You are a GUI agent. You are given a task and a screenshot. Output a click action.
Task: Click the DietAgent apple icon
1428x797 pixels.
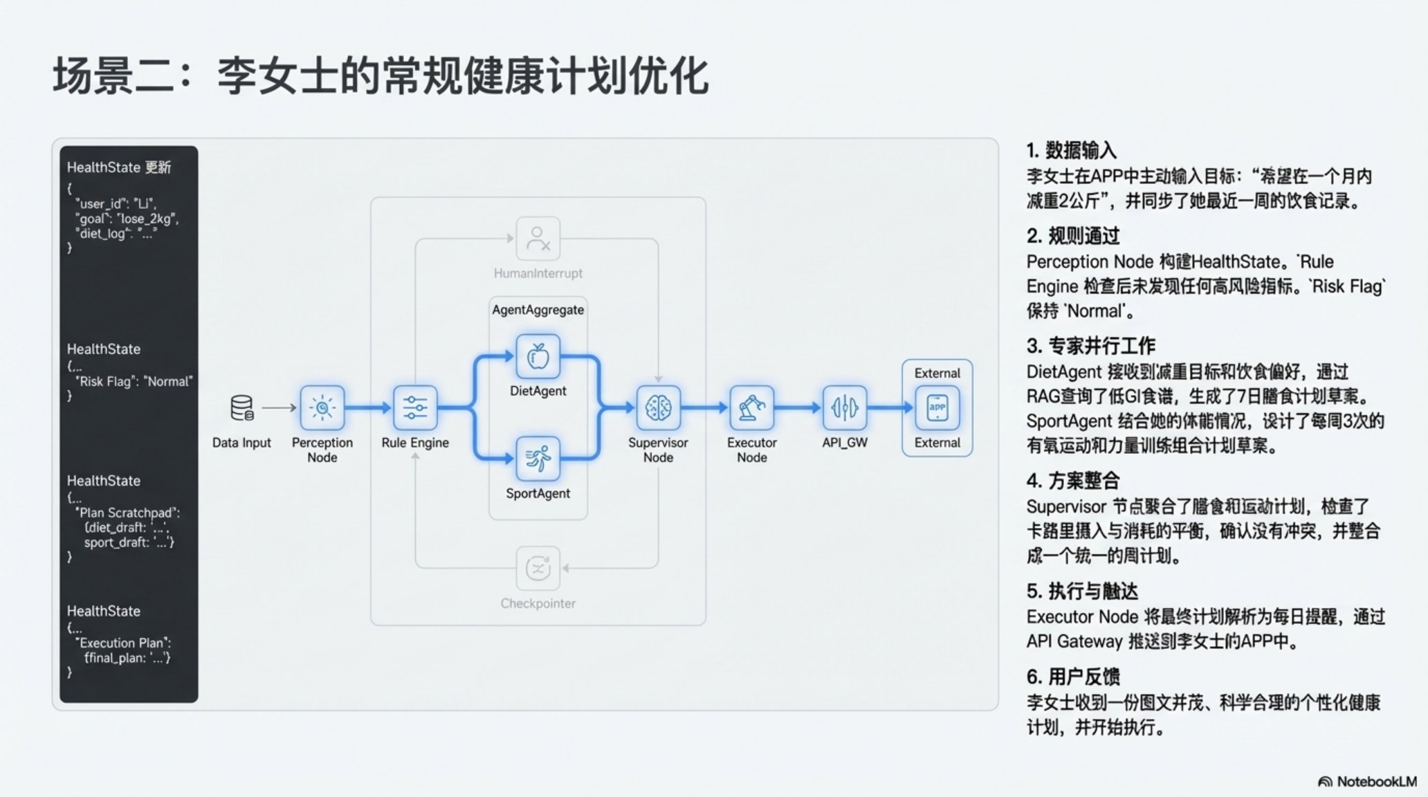pos(538,357)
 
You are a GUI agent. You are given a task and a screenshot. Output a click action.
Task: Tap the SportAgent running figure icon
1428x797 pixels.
pos(538,459)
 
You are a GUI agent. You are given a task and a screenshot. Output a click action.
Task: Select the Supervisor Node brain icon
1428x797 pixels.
pos(658,408)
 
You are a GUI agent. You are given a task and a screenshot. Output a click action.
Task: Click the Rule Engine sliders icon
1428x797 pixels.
pos(415,408)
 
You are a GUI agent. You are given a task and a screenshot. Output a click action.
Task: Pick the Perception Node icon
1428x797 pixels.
pos(322,408)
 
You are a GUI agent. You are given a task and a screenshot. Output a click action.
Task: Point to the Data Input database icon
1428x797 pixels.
pos(241,408)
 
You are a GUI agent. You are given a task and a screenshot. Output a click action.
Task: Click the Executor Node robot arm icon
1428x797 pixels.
pos(751,408)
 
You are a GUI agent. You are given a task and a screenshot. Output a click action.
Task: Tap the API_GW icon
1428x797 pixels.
pos(845,408)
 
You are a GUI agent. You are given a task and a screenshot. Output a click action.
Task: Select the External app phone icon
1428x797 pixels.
pos(937,408)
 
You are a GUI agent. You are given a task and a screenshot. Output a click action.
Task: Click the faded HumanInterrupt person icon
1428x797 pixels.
pos(538,239)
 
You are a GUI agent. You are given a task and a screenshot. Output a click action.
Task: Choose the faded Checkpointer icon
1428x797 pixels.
pos(538,569)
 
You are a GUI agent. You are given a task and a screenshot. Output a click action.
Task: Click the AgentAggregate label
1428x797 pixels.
pos(538,310)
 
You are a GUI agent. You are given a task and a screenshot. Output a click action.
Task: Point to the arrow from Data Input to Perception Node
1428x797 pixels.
pos(279,408)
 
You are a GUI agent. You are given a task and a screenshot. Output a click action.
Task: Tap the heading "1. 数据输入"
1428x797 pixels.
pos(1071,150)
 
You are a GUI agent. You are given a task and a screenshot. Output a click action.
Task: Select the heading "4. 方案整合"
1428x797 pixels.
pos(1072,481)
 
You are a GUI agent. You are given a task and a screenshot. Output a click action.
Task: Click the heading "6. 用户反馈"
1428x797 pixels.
pos(1072,677)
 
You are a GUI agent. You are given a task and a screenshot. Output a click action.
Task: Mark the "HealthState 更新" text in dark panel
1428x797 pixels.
pos(118,167)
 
